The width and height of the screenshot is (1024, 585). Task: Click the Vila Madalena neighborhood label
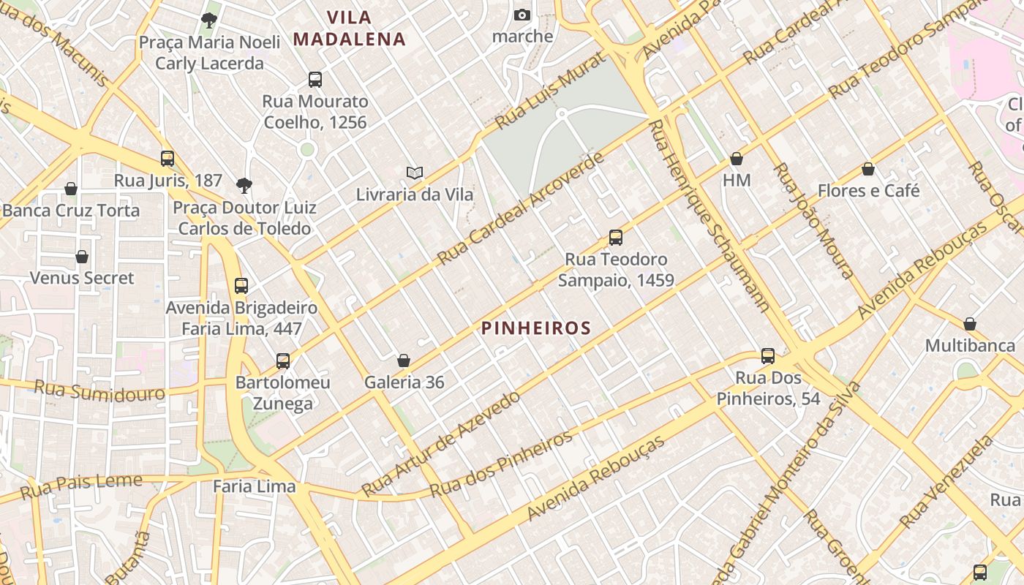(350, 28)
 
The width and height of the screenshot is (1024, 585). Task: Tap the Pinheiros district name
(536, 328)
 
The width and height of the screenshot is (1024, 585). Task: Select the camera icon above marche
(522, 15)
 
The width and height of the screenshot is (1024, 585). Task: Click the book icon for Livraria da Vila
(415, 173)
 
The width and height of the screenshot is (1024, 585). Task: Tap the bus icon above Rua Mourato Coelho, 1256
(315, 80)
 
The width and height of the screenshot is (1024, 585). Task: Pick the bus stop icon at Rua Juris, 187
(167, 159)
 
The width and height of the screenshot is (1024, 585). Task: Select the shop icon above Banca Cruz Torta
(71, 189)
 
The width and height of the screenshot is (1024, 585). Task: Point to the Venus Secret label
(82, 278)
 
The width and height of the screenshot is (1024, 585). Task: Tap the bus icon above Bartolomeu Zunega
(283, 361)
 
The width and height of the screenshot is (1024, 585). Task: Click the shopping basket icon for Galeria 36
(403, 361)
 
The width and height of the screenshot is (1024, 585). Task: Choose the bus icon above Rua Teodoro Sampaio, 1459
(616, 238)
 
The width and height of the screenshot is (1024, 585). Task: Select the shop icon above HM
(737, 159)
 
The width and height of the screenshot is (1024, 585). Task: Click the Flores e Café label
(868, 191)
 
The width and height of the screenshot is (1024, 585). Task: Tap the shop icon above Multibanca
(970, 324)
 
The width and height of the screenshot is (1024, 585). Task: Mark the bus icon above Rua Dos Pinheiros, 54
(768, 356)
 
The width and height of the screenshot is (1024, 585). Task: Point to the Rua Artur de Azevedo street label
(441, 442)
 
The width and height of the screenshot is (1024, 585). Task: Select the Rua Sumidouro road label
(99, 390)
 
